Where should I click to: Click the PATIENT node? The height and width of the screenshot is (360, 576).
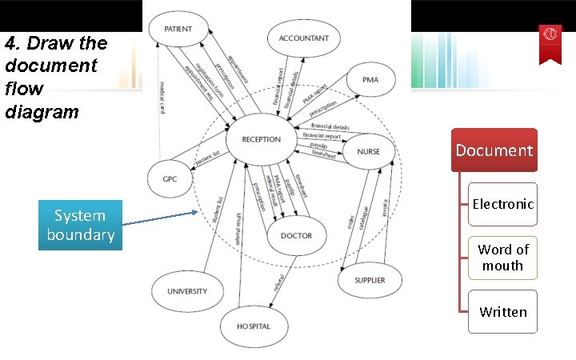(178, 30)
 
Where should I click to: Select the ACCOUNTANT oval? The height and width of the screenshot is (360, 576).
(303, 38)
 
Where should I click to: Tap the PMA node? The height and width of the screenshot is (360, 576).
(370, 80)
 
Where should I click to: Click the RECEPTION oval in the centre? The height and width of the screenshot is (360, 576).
(261, 139)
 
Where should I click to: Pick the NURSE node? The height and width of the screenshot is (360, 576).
(369, 151)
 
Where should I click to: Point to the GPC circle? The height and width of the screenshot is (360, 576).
(170, 178)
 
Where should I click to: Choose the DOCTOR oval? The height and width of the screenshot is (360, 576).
(296, 236)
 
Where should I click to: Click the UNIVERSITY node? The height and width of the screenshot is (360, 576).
(187, 291)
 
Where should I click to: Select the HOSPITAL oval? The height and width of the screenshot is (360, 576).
(253, 326)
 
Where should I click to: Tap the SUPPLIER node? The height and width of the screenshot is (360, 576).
(370, 280)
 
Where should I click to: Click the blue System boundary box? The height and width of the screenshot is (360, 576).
(80, 226)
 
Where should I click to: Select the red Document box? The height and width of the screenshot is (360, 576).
(494, 150)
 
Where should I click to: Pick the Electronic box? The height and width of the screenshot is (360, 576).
(502, 204)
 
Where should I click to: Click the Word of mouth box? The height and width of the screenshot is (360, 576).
(502, 258)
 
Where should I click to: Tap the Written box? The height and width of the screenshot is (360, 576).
(502, 312)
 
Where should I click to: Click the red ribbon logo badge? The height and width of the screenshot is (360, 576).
(550, 40)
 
